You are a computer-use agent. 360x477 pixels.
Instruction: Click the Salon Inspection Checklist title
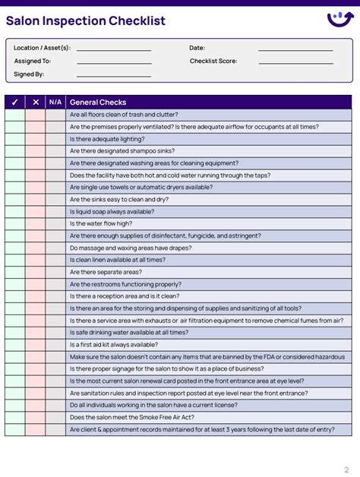click(x=86, y=21)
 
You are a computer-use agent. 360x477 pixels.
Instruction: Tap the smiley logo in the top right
click(x=339, y=19)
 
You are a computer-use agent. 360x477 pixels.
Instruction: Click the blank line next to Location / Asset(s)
click(x=113, y=49)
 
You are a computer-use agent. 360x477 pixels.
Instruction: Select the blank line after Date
click(x=295, y=49)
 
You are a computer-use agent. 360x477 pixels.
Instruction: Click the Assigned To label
click(x=33, y=62)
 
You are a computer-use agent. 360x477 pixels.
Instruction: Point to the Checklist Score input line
click(x=295, y=62)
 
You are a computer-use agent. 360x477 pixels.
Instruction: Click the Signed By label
click(x=29, y=74)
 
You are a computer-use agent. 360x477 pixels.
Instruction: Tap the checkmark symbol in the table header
click(x=14, y=103)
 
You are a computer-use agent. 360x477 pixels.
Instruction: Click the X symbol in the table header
click(x=35, y=103)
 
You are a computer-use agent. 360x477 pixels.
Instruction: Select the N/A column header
click(x=55, y=103)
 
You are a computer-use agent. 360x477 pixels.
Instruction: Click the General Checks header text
click(x=98, y=103)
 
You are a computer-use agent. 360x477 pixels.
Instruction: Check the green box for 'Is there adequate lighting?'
click(x=14, y=139)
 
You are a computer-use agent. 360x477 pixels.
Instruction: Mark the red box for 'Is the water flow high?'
click(x=35, y=224)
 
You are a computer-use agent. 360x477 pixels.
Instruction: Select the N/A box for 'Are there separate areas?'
click(x=55, y=272)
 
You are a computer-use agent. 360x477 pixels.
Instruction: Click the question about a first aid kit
click(x=114, y=345)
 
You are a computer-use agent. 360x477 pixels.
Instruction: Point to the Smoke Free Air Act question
click(x=131, y=418)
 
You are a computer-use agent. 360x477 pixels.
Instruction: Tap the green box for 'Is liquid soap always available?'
click(x=14, y=212)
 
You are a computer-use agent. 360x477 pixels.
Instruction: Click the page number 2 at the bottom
click(x=347, y=469)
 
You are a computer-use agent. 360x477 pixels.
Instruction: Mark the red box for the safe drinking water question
click(x=35, y=333)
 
